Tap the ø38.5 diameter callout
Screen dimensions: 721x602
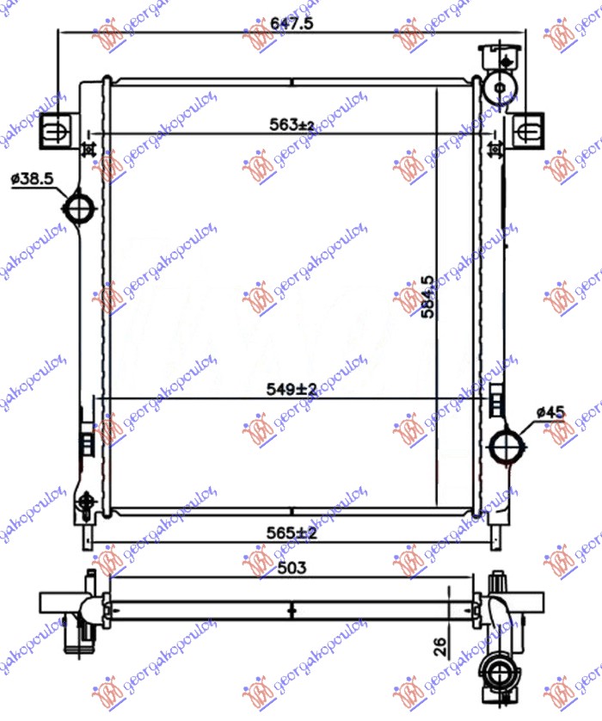33,179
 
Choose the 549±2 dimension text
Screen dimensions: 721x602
292,389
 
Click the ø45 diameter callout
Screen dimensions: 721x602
550,413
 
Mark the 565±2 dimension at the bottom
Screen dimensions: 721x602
292,533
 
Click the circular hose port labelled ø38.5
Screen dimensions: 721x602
81,208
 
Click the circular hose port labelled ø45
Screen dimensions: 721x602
505,445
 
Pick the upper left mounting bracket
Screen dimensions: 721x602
54,130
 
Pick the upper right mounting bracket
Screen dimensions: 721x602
531,130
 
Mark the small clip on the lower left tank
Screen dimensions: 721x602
86,444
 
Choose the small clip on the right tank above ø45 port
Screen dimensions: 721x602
496,402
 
